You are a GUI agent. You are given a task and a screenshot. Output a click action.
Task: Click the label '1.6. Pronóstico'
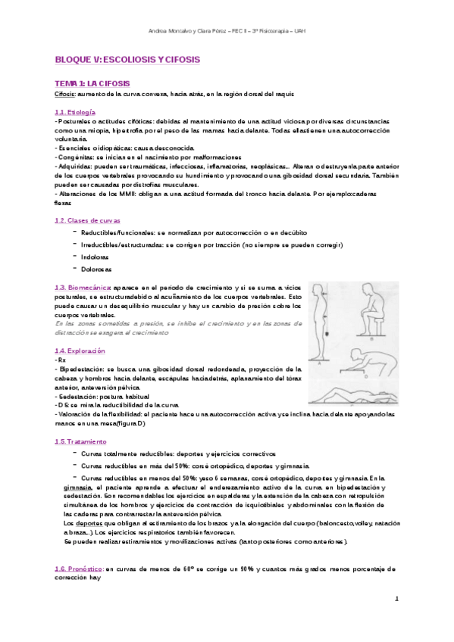tap(79, 568)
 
